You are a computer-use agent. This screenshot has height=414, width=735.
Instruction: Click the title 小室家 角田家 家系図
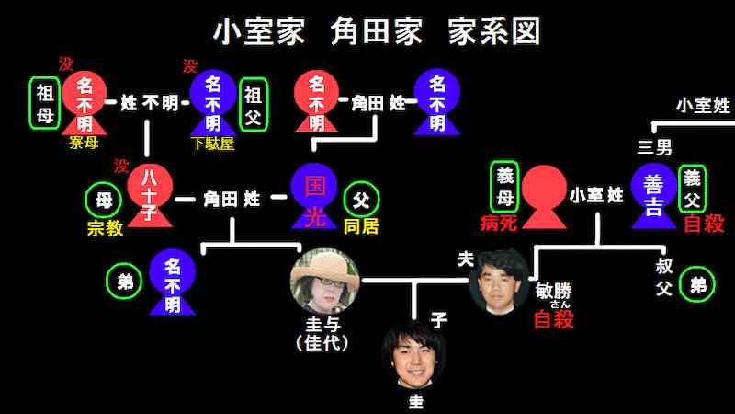tap(377, 31)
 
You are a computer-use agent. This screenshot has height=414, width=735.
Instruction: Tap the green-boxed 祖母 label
tap(44, 103)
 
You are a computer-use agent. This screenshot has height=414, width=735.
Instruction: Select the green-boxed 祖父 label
tap(254, 105)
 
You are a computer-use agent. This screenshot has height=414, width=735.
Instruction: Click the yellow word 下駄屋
tap(214, 144)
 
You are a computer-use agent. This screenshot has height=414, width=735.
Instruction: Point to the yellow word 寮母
tap(84, 142)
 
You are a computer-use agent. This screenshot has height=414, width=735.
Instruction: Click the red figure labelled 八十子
tap(150, 195)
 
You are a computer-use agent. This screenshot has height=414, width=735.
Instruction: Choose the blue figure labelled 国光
tap(313, 196)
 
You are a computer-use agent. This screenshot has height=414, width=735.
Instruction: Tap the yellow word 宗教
tap(105, 228)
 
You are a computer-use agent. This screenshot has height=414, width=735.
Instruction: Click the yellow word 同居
tap(361, 226)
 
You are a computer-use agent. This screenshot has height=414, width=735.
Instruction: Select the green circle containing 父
tap(361, 200)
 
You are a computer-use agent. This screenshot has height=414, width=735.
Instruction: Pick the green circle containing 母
tap(104, 201)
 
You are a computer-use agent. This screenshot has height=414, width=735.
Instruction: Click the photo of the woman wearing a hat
tap(325, 282)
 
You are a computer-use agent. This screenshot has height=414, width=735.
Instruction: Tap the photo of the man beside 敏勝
tap(499, 282)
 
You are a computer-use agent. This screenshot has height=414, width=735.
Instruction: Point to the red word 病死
tap(499, 223)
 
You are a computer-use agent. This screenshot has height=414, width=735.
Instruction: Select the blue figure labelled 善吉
tap(653, 196)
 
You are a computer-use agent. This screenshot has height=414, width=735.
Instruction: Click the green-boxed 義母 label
tap(504, 187)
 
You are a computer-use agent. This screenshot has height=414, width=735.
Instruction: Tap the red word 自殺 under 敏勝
tap(554, 319)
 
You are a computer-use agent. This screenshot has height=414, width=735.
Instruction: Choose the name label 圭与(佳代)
tap(323, 334)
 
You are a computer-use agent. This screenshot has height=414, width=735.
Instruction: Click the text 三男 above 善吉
tap(655, 148)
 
